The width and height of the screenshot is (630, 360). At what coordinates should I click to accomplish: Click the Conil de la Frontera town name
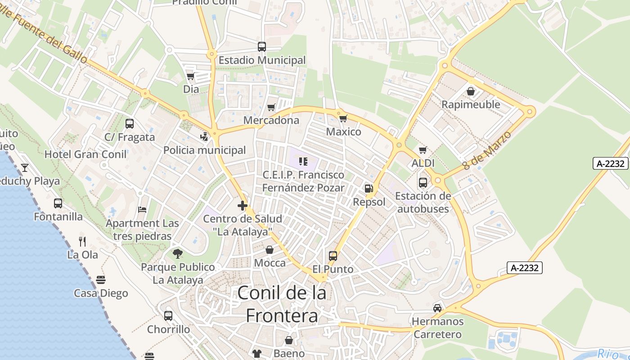282,304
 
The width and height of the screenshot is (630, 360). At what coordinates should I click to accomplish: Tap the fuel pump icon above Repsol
369,189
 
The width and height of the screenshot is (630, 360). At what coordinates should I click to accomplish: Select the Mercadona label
271,120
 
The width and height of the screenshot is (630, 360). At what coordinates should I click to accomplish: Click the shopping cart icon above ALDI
423,150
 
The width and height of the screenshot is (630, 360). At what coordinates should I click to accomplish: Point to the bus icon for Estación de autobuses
423,183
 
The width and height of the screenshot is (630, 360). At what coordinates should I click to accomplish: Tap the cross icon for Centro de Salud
243,206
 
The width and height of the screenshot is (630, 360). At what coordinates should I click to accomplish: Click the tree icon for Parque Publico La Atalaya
178,254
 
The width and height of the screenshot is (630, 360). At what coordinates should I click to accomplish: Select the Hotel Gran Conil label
85,154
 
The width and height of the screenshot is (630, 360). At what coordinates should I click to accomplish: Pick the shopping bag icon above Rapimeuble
471,92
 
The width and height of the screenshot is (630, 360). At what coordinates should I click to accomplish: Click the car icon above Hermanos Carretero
437,308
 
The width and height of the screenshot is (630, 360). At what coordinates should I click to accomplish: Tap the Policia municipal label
205,150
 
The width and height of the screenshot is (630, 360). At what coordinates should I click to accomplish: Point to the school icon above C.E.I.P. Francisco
303,161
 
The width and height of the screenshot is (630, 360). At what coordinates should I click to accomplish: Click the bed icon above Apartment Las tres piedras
142,210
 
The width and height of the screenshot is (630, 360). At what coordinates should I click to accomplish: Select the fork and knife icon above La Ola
82,242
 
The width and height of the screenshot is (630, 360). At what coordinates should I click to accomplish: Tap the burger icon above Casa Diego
101,280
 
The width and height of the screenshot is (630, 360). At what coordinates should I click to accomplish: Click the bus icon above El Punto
333,256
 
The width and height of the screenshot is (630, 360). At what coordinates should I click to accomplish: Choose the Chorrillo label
169,329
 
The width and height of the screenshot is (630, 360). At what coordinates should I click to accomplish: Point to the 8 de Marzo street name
487,150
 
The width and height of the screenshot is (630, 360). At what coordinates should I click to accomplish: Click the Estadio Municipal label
262,60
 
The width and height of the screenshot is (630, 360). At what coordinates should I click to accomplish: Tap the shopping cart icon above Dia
191,76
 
